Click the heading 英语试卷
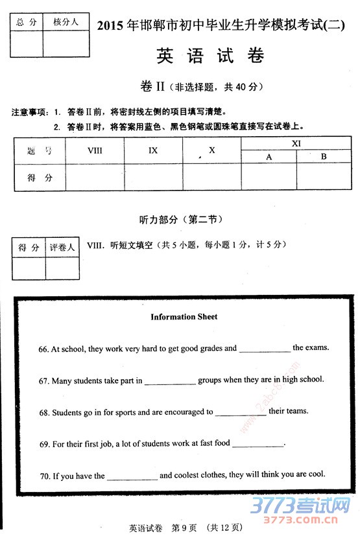[x=211, y=56]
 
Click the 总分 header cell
[x=27, y=22]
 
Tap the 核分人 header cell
[x=66, y=22]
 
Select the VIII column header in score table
[x=95, y=150]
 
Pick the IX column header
[x=153, y=150]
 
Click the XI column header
[x=296, y=143]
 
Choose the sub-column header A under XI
[x=269, y=157]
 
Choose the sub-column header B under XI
[x=324, y=157]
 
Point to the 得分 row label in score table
[x=40, y=178]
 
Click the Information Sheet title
[x=184, y=317]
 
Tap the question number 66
[x=43, y=349]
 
